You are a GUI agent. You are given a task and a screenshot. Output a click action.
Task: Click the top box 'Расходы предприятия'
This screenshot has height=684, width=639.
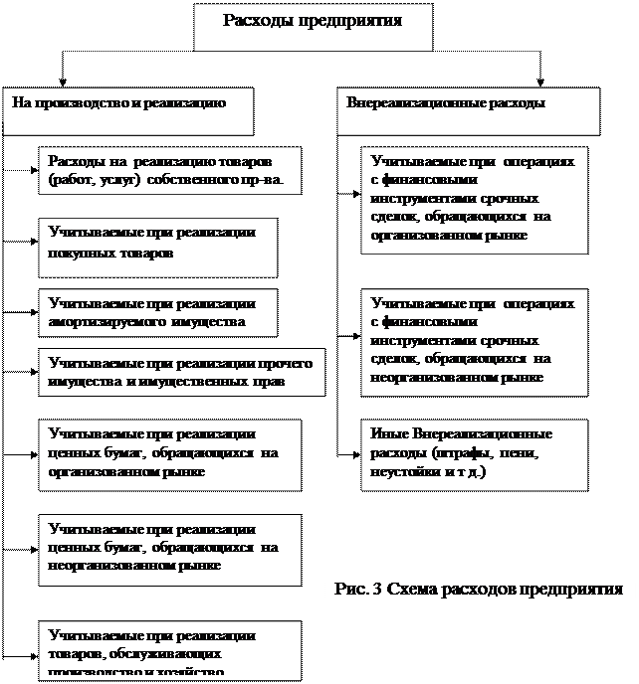coord(313,27)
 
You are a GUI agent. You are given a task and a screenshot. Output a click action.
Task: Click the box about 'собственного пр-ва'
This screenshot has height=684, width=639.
coord(168,171)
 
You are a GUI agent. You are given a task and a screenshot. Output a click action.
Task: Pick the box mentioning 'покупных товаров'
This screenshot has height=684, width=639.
coord(157,248)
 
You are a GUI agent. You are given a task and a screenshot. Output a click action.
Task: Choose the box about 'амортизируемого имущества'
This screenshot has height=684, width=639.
coord(157,313)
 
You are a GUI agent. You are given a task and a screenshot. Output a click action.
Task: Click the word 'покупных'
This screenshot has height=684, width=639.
coord(82,254)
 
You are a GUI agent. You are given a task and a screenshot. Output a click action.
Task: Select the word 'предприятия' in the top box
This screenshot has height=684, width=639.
coord(352,22)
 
